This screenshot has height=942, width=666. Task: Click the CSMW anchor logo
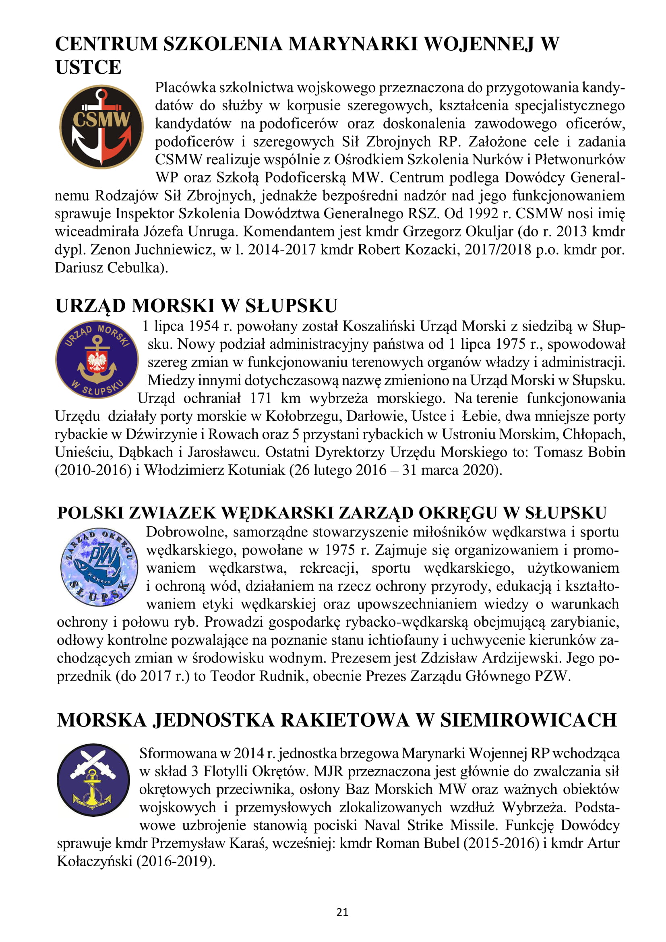pos(101,127)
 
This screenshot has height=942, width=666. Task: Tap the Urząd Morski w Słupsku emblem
pos(97,359)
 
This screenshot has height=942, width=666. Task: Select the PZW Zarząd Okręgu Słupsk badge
pos(99,567)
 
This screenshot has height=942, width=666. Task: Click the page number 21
pos(342,912)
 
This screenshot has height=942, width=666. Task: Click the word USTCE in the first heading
pos(88,67)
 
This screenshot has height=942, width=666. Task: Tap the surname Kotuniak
pos(256,470)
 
